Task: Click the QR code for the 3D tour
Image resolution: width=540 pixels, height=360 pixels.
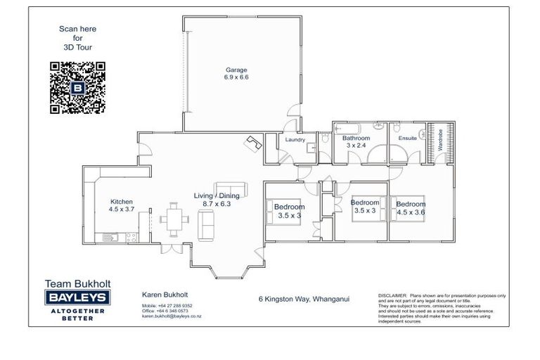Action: coord(77,88)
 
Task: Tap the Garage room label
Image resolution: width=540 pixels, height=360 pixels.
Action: coord(236,73)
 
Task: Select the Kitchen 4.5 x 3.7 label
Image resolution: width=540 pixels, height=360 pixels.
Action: coord(120,205)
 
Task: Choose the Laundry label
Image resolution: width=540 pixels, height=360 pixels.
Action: coord(294,140)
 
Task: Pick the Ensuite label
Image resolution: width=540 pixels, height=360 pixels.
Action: coord(407,139)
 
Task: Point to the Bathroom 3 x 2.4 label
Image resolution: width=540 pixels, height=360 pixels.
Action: coord(356,142)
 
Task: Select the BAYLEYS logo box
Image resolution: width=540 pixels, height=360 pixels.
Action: coord(77,298)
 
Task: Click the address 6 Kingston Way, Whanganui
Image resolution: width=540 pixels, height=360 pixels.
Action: coord(304,298)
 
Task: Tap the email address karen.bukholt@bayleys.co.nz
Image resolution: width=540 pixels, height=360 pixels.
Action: coord(172,316)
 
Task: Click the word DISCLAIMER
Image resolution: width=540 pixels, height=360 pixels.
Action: coord(392,296)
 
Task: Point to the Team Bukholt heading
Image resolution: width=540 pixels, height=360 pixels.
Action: coord(77,283)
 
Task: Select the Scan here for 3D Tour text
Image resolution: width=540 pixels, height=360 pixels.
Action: coord(77,38)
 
